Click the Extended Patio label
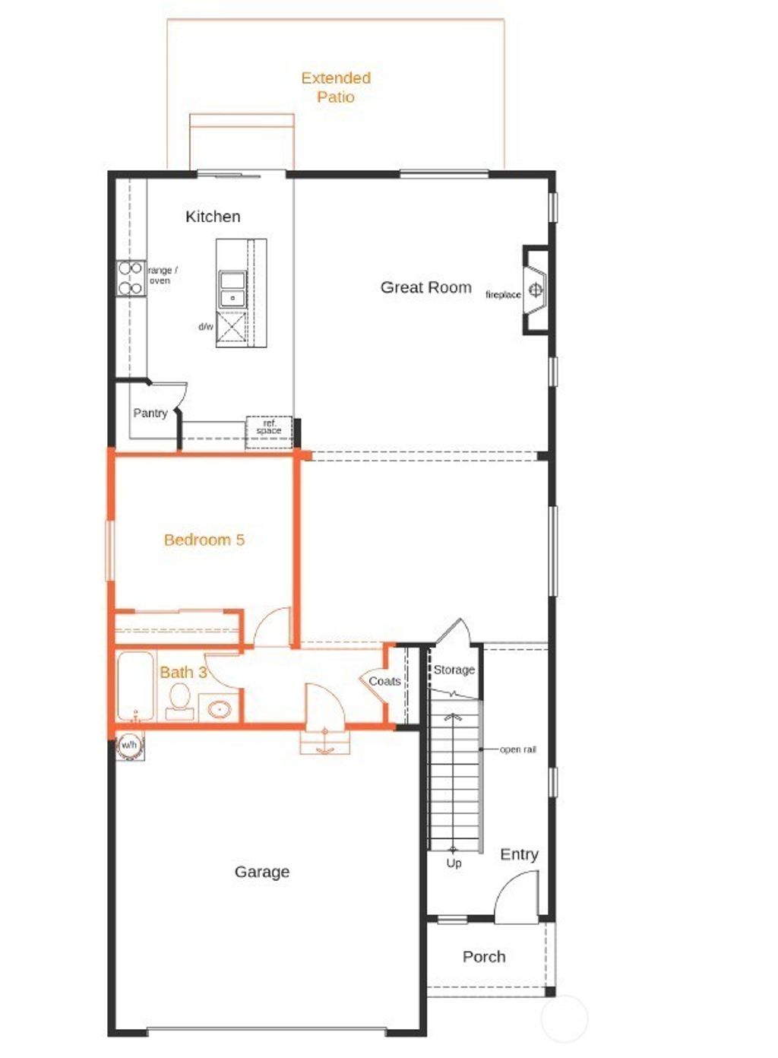(336, 87)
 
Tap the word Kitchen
(213, 217)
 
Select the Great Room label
(425, 287)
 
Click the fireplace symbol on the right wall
(536, 290)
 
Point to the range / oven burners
(131, 278)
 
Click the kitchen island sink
(232, 289)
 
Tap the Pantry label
(150, 413)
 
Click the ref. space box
(268, 428)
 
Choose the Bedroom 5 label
(204, 540)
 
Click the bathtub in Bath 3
(135, 686)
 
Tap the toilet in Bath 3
(180, 698)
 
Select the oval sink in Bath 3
(220, 709)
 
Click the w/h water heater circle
(129, 746)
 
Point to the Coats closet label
(384, 682)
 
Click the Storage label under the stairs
(454, 670)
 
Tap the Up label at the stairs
(454, 863)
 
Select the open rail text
(517, 749)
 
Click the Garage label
(261, 872)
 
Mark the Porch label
(484, 957)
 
